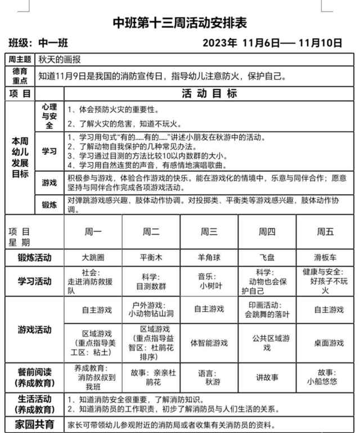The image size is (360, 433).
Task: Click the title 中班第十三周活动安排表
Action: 180,23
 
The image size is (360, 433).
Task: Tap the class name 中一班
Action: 53,43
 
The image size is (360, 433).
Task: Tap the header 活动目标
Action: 209,93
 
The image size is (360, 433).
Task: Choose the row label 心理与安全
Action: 49,116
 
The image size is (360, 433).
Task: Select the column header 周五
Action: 325,231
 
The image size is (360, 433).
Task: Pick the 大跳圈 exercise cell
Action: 93,257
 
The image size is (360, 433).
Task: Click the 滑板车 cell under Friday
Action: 325,257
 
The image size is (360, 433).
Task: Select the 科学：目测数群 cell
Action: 151,281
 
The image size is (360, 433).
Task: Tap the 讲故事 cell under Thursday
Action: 267,377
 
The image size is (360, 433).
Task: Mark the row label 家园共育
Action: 34,424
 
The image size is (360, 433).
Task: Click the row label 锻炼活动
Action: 34,257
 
